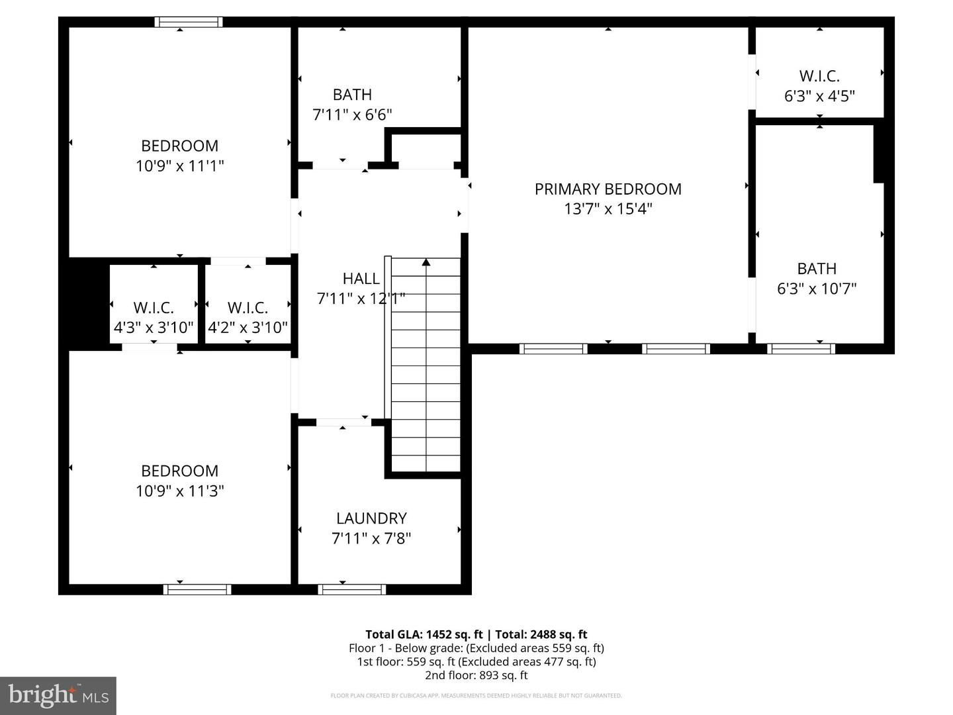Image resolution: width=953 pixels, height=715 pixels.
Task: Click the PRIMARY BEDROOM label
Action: [608, 189]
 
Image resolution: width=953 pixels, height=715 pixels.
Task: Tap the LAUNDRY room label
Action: [371, 518]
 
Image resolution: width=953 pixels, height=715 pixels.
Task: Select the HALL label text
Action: [361, 279]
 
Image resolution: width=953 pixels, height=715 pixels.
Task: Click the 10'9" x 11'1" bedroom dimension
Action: [180, 166]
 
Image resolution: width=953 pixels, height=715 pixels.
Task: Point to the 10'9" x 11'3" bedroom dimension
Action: [180, 491]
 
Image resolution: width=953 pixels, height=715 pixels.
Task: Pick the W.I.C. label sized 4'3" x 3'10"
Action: [154, 308]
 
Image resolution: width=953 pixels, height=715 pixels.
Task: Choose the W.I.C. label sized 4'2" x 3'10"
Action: [248, 308]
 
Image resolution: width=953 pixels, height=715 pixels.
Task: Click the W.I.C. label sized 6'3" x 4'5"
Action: [819, 76]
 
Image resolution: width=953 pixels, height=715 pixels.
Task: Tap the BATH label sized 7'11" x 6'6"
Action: [352, 95]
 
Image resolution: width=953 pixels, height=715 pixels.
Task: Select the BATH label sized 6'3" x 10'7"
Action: [817, 269]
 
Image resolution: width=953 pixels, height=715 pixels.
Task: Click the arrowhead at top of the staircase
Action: [426, 263]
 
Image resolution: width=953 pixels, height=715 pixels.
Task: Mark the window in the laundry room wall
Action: [352, 589]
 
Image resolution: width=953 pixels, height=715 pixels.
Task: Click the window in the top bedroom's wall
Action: [189, 23]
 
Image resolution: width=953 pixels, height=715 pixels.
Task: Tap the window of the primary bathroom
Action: [801, 349]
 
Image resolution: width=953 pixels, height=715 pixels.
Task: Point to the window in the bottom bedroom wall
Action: [197, 589]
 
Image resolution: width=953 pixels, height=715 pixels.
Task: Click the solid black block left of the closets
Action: [89, 303]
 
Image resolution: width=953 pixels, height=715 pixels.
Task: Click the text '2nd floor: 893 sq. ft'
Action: [476, 676]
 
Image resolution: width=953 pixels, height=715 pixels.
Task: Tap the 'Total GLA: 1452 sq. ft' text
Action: [424, 634]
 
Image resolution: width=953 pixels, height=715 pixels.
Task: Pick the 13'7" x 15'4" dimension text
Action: [608, 209]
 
